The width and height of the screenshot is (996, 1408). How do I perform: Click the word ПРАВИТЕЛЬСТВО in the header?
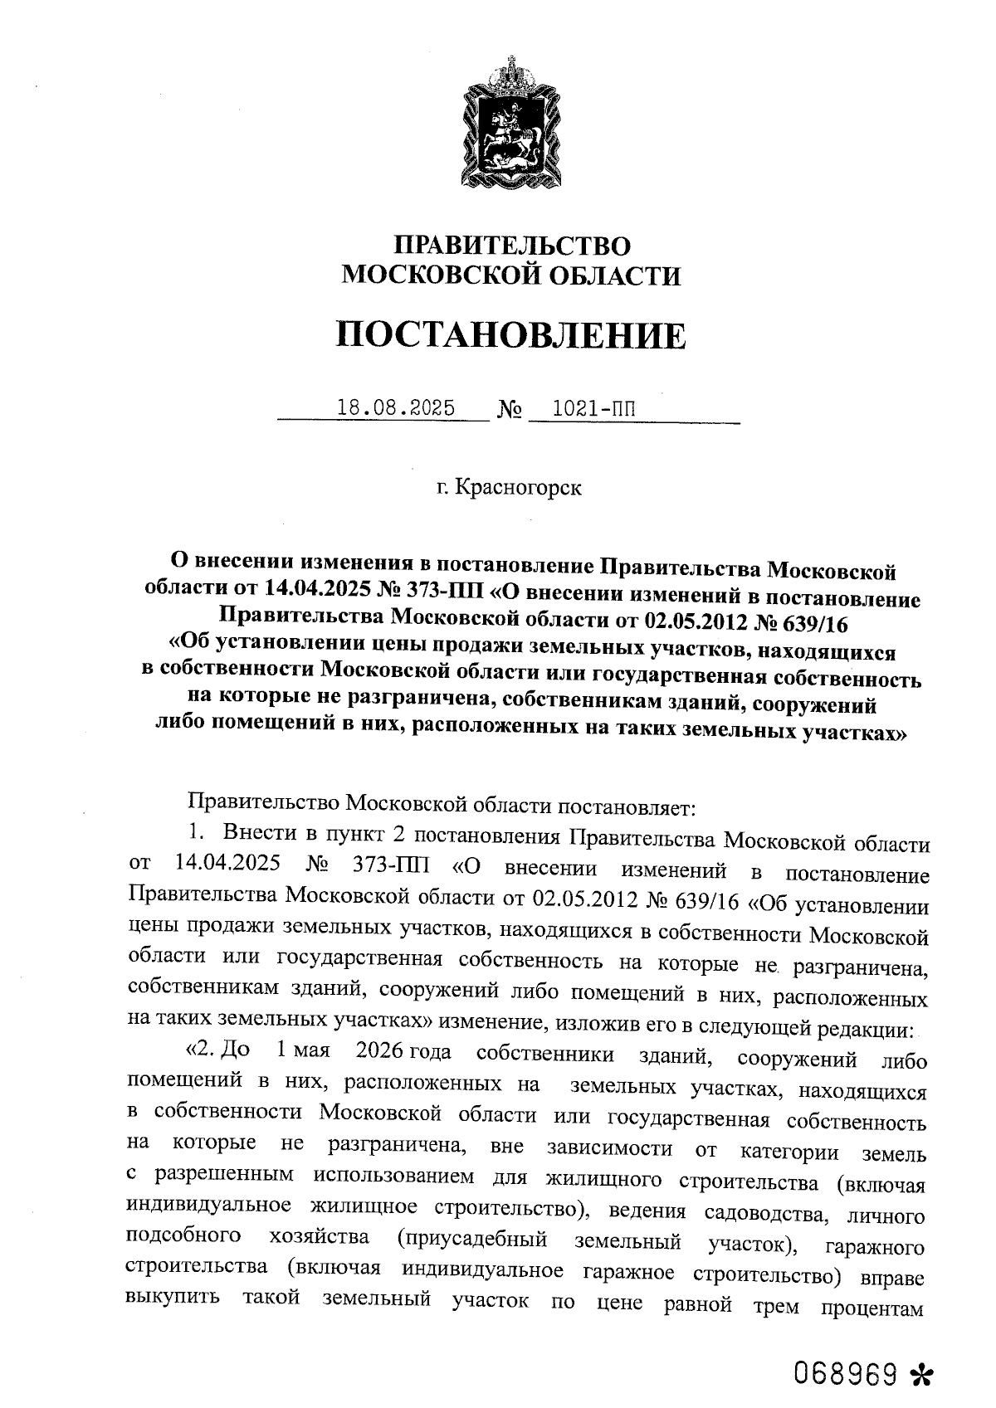click(511, 246)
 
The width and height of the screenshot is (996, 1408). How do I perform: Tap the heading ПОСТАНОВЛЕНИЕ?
click(511, 335)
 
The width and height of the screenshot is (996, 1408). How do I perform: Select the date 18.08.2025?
click(397, 408)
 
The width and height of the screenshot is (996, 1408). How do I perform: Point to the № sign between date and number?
click(510, 409)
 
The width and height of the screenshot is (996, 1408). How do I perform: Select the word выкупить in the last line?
click(173, 1298)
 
